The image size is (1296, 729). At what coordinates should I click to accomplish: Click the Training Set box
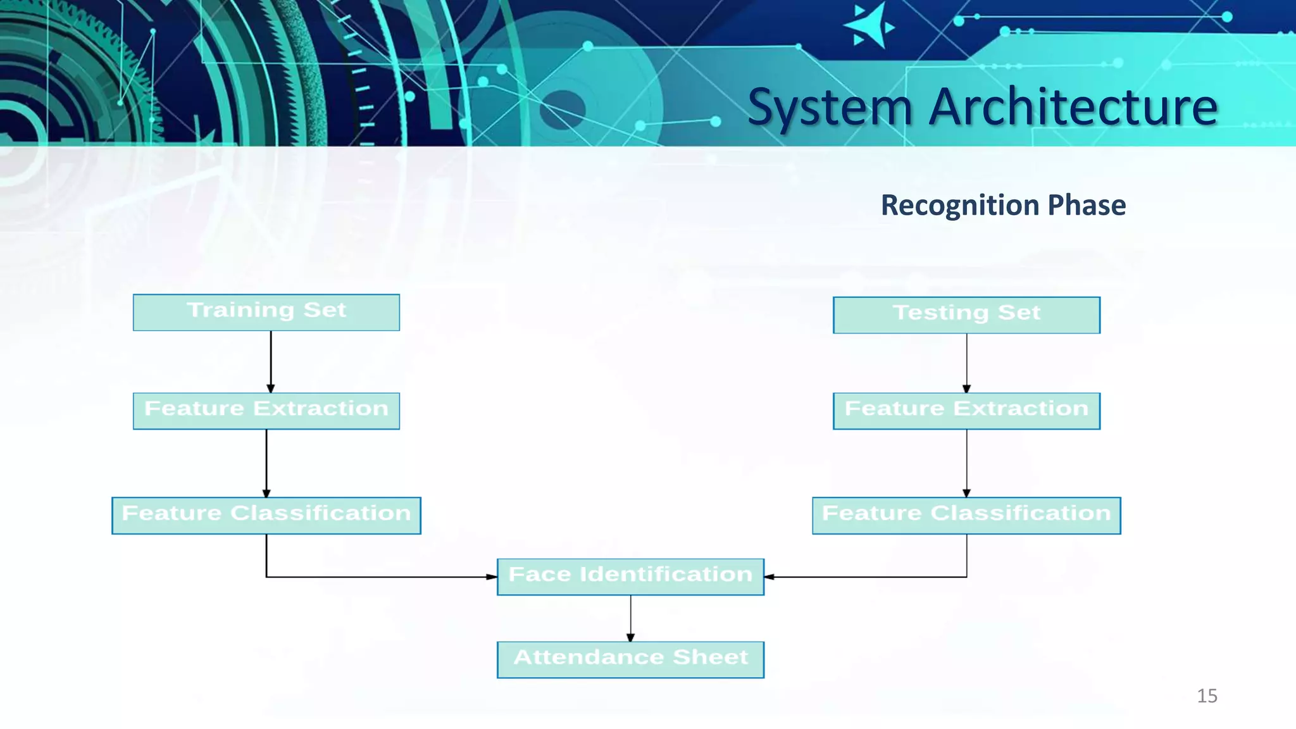(x=266, y=312)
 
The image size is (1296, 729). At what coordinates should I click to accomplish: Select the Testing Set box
(x=966, y=315)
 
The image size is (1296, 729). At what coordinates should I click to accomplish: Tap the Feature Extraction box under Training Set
(x=266, y=411)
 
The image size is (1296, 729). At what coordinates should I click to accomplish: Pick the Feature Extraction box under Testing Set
(x=966, y=411)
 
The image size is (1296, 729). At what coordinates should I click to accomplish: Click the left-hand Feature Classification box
(x=266, y=515)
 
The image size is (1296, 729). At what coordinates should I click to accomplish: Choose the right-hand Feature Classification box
(x=966, y=515)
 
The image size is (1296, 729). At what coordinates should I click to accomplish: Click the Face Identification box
(x=630, y=576)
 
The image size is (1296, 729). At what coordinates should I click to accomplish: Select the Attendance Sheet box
(x=630, y=659)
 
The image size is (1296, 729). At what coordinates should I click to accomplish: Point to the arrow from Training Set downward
(x=271, y=361)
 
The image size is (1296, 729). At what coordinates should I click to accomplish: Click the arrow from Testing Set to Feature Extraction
(x=966, y=362)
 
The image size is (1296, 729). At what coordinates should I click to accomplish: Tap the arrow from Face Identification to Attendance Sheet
(x=630, y=618)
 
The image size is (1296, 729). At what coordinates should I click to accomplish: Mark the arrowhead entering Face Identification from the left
(x=491, y=576)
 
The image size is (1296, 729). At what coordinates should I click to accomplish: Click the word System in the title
(x=830, y=108)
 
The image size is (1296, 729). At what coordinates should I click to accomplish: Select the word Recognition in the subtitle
(x=959, y=206)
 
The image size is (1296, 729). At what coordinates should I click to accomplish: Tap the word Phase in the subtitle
(x=1087, y=205)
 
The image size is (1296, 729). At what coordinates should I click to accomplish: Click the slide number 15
(x=1207, y=696)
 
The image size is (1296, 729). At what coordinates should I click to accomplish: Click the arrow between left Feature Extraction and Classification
(x=266, y=463)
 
